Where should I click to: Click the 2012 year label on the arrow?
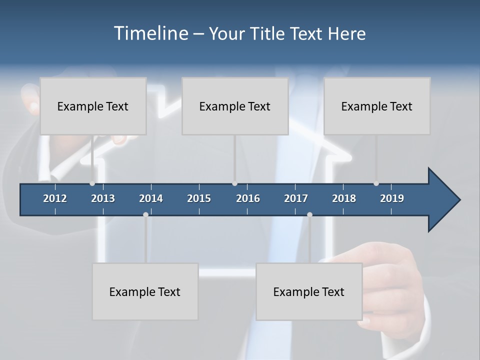(55, 198)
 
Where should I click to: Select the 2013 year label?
(103, 198)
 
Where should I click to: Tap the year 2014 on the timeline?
(151, 198)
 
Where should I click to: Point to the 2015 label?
(199, 198)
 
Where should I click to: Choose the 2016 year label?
(248, 198)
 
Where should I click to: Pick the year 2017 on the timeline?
(296, 198)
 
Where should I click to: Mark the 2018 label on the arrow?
(344, 198)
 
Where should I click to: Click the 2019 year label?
(392, 198)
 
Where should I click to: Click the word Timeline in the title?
(150, 33)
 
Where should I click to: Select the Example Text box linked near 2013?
(93, 106)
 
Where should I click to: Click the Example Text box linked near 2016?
(235, 106)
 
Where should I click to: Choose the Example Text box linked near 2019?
(377, 106)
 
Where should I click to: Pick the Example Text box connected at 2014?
(145, 291)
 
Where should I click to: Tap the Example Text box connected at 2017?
(309, 291)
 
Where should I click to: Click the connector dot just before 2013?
(92, 183)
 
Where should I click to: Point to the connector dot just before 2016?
(234, 183)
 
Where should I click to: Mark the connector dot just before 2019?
(376, 183)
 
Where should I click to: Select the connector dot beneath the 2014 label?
(145, 214)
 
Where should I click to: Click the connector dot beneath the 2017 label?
(309, 214)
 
